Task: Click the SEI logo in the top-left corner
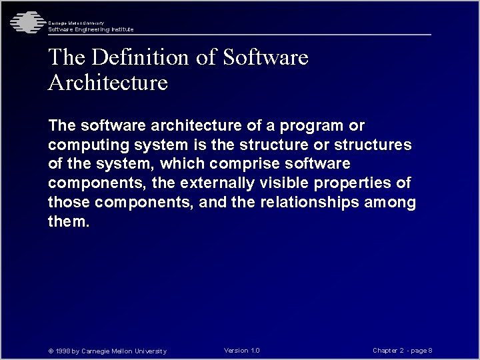(x=25, y=23)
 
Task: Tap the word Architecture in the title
(x=108, y=83)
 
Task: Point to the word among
(x=391, y=203)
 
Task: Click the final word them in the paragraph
(x=68, y=222)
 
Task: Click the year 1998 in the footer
(x=63, y=351)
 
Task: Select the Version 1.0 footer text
(x=242, y=351)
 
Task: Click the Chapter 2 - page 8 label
(x=403, y=351)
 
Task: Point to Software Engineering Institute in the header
(x=91, y=29)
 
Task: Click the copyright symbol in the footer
(x=51, y=351)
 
